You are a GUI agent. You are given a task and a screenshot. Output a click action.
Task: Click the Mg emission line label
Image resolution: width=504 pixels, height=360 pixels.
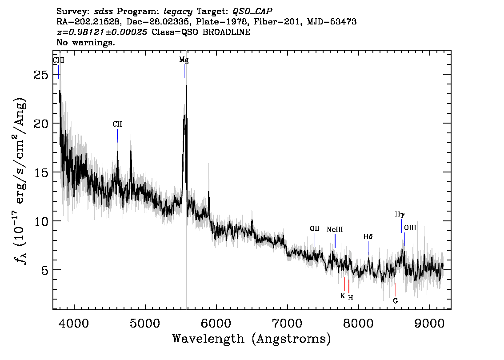click(x=184, y=60)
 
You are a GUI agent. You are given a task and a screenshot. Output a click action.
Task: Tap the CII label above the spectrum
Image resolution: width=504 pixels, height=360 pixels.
click(x=117, y=124)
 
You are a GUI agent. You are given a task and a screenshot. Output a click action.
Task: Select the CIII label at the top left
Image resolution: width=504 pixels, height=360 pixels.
click(x=59, y=60)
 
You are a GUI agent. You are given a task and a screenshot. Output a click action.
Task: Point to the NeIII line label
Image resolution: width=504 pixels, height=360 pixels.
click(x=335, y=229)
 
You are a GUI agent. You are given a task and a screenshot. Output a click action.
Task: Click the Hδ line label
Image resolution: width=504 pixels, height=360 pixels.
click(x=368, y=237)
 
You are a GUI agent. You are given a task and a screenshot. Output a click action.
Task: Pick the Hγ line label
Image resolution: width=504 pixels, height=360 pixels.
click(x=400, y=214)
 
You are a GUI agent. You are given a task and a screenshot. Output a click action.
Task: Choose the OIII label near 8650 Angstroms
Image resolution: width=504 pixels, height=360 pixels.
click(x=410, y=228)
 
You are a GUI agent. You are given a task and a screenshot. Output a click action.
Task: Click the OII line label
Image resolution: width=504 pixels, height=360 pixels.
click(x=315, y=228)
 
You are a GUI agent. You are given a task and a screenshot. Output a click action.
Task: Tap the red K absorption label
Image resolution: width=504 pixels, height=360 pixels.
click(x=343, y=296)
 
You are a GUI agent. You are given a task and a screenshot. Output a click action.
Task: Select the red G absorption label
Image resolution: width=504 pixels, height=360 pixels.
click(x=396, y=301)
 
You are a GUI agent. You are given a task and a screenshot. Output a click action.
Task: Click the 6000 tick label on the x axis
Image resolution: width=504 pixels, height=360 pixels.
click(x=216, y=324)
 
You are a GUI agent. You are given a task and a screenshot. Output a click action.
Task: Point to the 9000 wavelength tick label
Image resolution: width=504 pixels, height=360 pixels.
click(x=429, y=324)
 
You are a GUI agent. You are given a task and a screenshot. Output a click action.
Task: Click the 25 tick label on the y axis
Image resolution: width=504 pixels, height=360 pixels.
click(x=41, y=75)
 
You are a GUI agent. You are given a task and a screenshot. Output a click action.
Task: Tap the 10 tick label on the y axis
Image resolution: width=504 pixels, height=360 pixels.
click(x=41, y=221)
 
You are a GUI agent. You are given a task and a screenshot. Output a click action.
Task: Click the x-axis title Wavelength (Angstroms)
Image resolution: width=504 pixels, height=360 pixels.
click(x=252, y=339)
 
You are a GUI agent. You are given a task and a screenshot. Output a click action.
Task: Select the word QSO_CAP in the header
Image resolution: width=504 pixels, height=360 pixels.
click(x=252, y=12)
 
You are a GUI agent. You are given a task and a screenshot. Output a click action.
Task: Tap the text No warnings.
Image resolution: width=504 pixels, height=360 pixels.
click(x=85, y=42)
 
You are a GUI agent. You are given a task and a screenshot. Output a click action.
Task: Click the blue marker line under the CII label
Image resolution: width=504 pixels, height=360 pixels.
click(x=117, y=136)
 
